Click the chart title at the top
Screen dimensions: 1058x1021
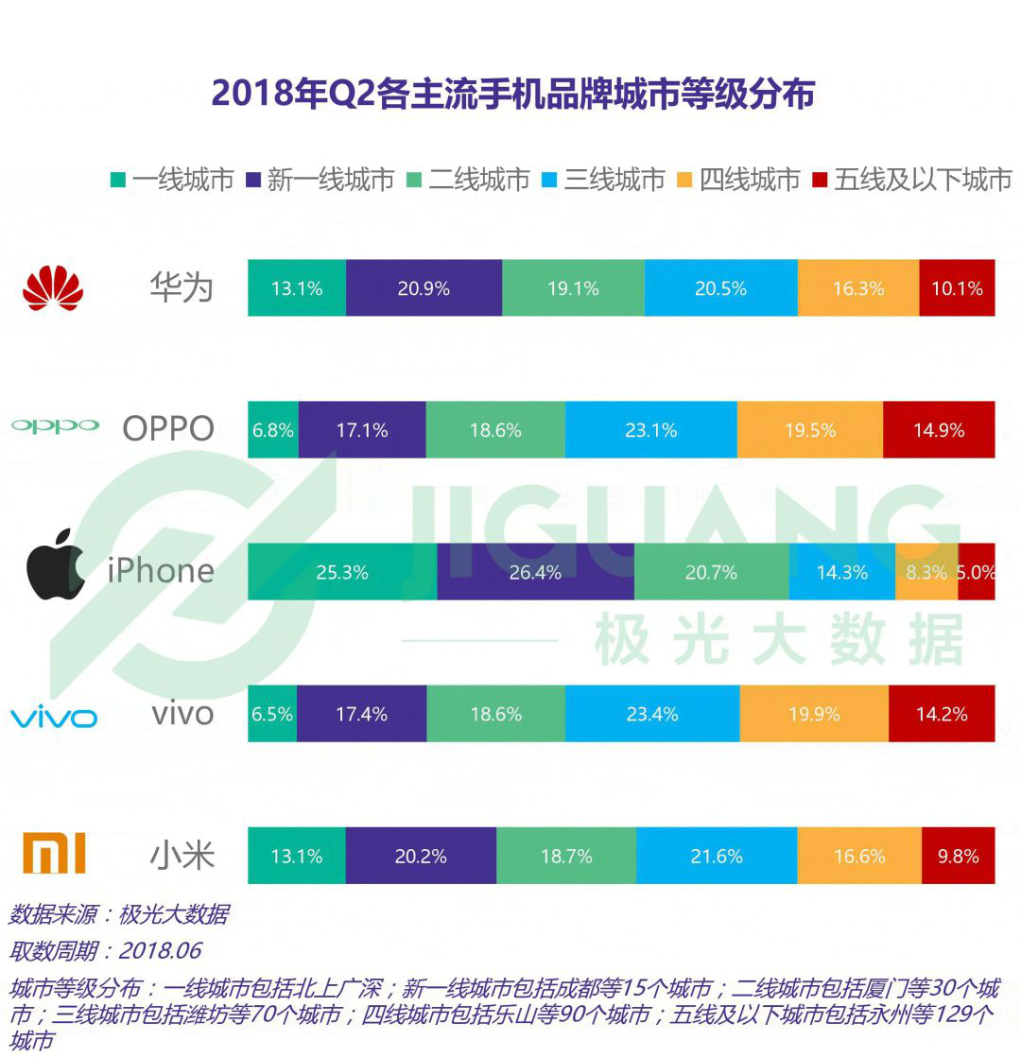[x=512, y=95]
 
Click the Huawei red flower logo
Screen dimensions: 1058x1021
[x=53, y=287]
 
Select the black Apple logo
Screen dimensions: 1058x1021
[x=55, y=570]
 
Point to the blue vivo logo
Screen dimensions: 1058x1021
[x=54, y=717]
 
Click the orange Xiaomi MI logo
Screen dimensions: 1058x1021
[x=54, y=855]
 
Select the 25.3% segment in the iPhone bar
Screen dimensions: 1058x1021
[x=342, y=572]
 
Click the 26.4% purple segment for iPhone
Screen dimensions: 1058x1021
[x=535, y=572]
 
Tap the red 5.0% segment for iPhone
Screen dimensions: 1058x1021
[x=977, y=572]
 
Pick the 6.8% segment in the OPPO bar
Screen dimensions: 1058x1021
[x=273, y=430]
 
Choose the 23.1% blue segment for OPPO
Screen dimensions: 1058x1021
[x=650, y=430]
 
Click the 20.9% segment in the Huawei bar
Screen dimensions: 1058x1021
[x=424, y=288]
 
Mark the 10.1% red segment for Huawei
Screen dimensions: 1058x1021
[x=957, y=288]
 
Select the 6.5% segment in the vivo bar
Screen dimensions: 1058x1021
[x=272, y=714]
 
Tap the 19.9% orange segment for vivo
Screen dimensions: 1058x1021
[x=814, y=714]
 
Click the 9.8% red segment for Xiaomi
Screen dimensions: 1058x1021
[x=958, y=857]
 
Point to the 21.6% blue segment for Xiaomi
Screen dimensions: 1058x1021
[x=717, y=857]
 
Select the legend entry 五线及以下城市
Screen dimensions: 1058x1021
[x=912, y=180]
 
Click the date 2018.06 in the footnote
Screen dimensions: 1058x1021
[x=160, y=950]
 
